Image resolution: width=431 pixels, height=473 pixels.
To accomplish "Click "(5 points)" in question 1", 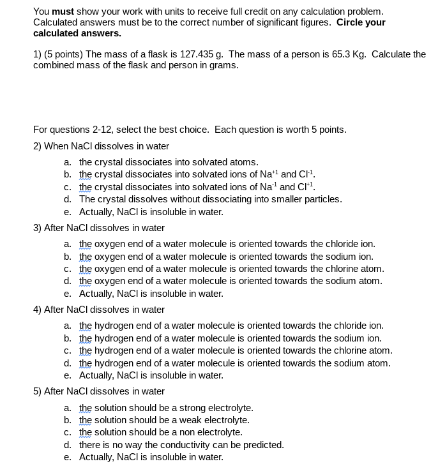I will pos(63,54).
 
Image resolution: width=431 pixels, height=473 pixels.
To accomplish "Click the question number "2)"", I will pos(37,146).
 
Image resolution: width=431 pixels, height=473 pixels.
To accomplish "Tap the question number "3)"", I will pos(37,228).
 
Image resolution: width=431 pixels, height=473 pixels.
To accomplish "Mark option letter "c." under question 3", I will pos(68,269).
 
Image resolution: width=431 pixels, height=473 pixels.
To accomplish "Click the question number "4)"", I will pos(37,310).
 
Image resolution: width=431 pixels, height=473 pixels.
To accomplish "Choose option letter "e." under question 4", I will pos(68,375).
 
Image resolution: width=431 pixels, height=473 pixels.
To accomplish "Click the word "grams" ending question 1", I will pos(223,65).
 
